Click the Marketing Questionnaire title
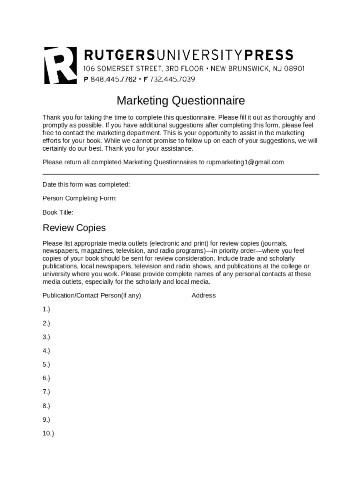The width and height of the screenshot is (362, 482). click(x=181, y=101)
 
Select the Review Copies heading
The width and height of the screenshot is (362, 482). click(x=74, y=228)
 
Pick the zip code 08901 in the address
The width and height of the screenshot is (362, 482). click(x=292, y=69)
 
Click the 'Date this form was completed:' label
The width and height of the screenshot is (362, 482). click(x=86, y=185)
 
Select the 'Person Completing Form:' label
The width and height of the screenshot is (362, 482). click(x=79, y=198)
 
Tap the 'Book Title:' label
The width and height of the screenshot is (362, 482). click(x=58, y=212)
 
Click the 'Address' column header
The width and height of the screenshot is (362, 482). click(x=204, y=296)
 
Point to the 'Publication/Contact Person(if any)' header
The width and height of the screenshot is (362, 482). click(x=92, y=296)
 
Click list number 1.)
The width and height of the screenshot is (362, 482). click(x=46, y=309)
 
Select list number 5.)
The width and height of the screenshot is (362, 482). click(x=46, y=364)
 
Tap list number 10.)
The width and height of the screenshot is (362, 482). click(x=48, y=433)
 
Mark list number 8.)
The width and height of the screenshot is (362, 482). click(x=46, y=406)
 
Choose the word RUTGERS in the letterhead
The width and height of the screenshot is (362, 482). click(x=119, y=55)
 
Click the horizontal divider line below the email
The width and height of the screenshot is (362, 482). click(x=181, y=174)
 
